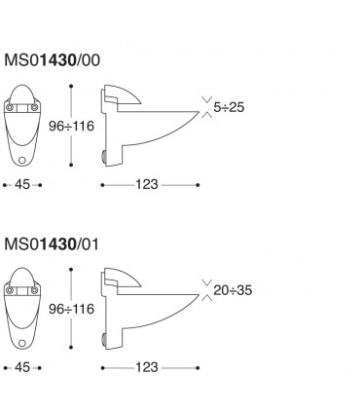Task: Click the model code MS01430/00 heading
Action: [52, 60]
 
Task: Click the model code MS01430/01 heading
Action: [52, 244]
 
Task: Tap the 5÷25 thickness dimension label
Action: [229, 107]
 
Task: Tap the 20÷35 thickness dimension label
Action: [233, 290]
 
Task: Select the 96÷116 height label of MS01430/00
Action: [71, 126]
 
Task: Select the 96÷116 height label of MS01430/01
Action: [71, 309]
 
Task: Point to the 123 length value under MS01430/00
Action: [147, 185]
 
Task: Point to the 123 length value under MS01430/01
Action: [147, 367]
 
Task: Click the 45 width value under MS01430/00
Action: [22, 185]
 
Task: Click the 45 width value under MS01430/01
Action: [22, 367]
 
